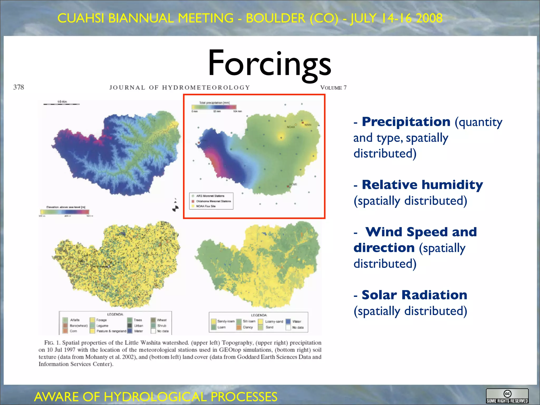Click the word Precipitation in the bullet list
[x=406, y=122]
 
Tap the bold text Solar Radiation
[x=414, y=295]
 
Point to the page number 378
[x=18, y=87]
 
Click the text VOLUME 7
[x=333, y=88]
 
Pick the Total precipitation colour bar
[x=214, y=107]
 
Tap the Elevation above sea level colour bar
[x=65, y=212]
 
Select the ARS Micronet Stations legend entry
[x=210, y=196]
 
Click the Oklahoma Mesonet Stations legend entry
[x=213, y=201]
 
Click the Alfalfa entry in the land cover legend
[x=74, y=320]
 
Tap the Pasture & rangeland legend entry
[x=111, y=331]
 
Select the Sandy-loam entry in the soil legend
[x=225, y=321]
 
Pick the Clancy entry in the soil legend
[x=247, y=327]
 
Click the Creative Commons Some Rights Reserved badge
[x=507, y=396]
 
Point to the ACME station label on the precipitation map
[x=293, y=184]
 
